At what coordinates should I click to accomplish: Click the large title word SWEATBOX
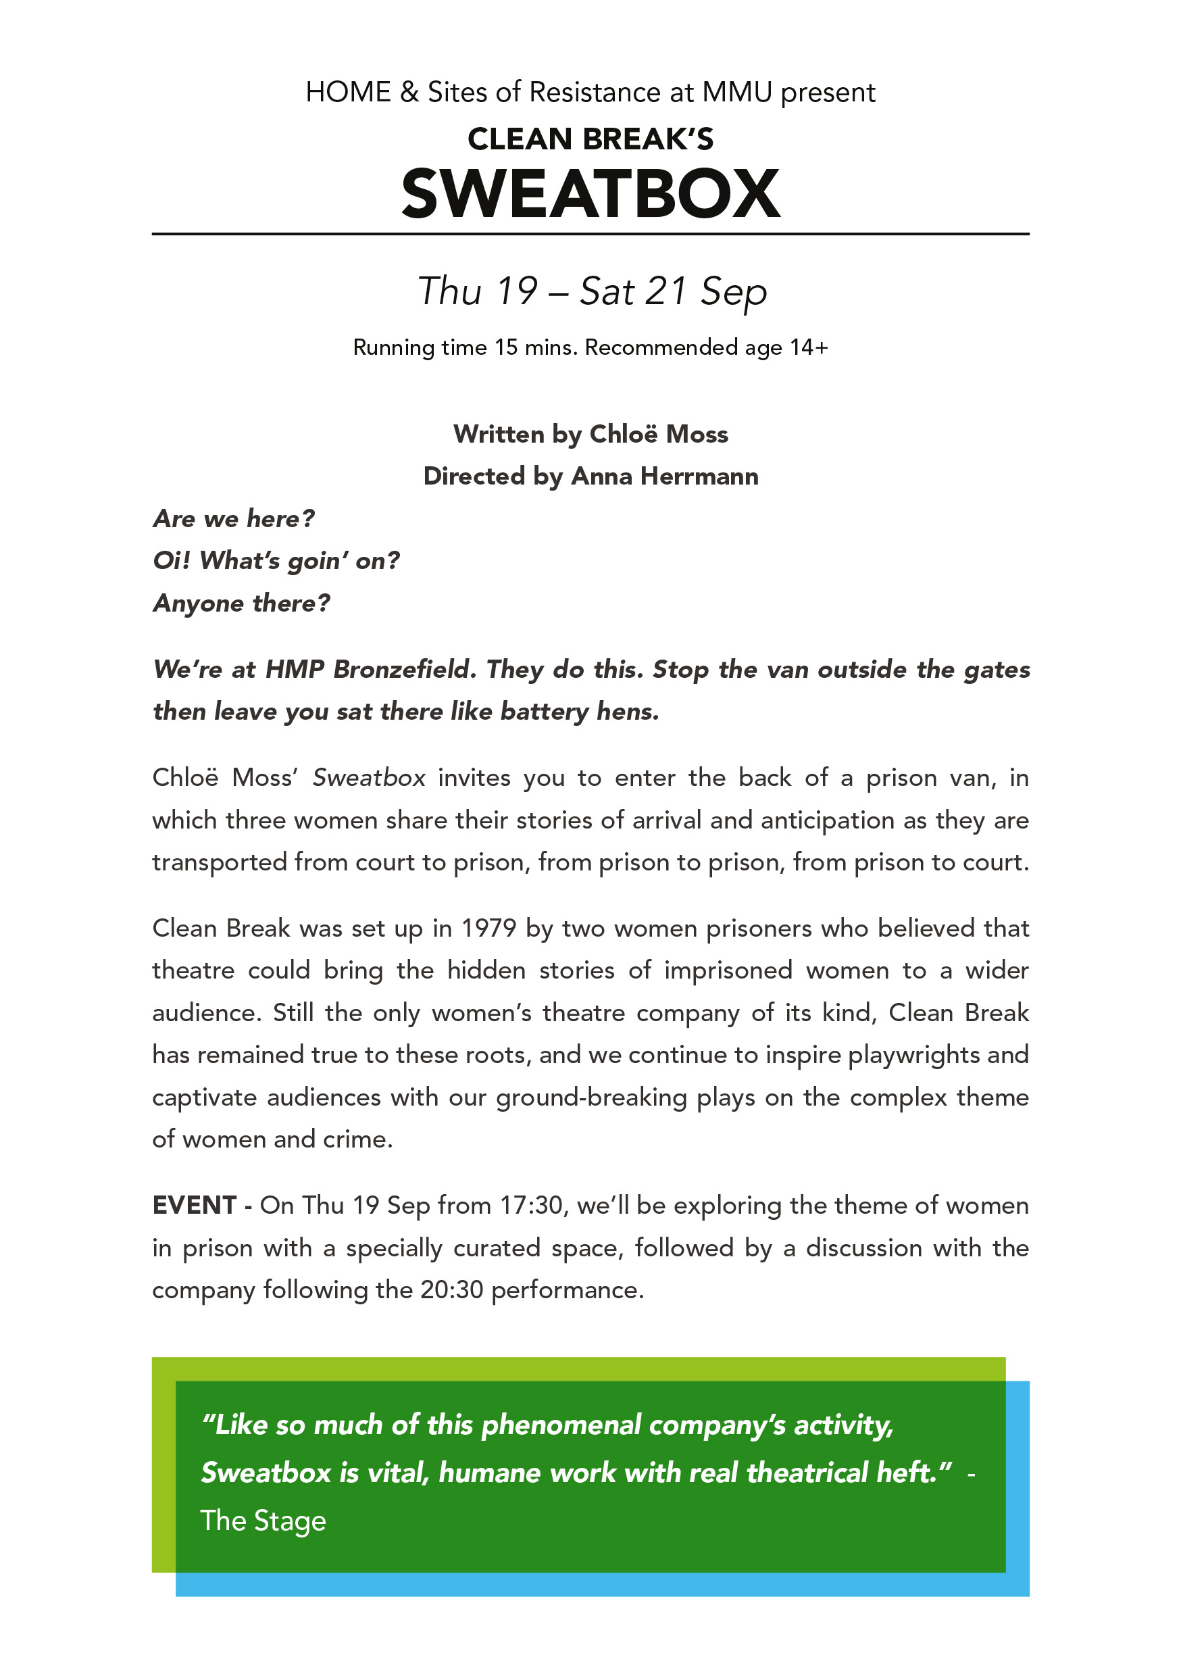[x=590, y=193]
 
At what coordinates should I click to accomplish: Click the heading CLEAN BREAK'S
[x=590, y=139]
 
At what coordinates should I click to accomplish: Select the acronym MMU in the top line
[x=736, y=93]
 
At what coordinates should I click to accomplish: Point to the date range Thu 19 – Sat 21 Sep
[x=592, y=291]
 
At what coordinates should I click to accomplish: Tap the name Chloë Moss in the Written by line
[x=658, y=435]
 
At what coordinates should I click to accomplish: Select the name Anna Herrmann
[x=664, y=476]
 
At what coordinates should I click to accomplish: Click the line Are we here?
[x=234, y=519]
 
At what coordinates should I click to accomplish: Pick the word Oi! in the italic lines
[x=172, y=561]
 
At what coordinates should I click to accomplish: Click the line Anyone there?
[x=242, y=603]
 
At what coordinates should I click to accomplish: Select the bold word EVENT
[x=194, y=1205]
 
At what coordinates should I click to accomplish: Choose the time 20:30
[x=452, y=1290]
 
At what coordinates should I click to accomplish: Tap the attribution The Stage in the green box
[x=263, y=1521]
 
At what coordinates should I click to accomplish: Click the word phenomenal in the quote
[x=561, y=1424]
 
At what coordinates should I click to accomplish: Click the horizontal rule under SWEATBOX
[x=590, y=235]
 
